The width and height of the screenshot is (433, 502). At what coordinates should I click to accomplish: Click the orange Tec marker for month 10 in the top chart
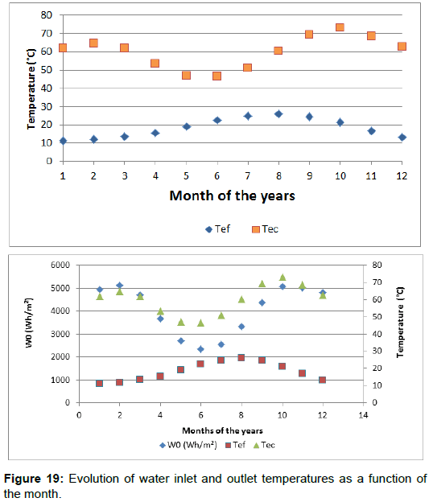click(340, 27)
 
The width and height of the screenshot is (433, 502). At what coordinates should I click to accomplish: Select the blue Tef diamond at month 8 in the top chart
click(278, 114)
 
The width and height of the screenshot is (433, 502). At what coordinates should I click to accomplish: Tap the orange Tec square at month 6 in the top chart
click(216, 76)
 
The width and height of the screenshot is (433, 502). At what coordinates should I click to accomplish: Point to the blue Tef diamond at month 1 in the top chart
click(63, 141)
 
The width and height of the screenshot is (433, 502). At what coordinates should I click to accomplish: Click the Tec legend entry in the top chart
click(265, 229)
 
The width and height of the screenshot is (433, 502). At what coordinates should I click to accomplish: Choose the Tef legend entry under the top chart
click(218, 229)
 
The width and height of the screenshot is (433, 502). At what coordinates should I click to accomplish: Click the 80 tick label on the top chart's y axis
click(46, 15)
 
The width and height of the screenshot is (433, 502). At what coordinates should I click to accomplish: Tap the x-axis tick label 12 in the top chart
click(402, 175)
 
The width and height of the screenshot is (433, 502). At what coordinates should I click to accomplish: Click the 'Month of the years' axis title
click(232, 195)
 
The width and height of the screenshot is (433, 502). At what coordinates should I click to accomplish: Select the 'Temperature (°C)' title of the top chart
click(31, 89)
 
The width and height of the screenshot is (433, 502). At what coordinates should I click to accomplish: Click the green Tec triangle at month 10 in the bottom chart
click(282, 278)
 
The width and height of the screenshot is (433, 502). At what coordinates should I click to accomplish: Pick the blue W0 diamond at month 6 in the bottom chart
click(201, 349)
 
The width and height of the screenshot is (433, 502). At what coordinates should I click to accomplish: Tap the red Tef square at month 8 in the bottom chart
click(241, 358)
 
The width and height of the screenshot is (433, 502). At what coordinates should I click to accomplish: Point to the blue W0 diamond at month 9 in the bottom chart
click(262, 302)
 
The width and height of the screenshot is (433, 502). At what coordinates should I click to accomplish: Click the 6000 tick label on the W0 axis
click(60, 265)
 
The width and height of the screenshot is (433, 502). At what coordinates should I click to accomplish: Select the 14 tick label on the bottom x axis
click(363, 415)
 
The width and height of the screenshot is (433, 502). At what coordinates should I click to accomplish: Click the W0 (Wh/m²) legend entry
click(188, 445)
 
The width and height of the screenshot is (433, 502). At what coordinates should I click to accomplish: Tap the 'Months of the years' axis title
click(223, 431)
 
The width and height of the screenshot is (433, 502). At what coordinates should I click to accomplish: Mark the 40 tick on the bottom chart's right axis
click(377, 334)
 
